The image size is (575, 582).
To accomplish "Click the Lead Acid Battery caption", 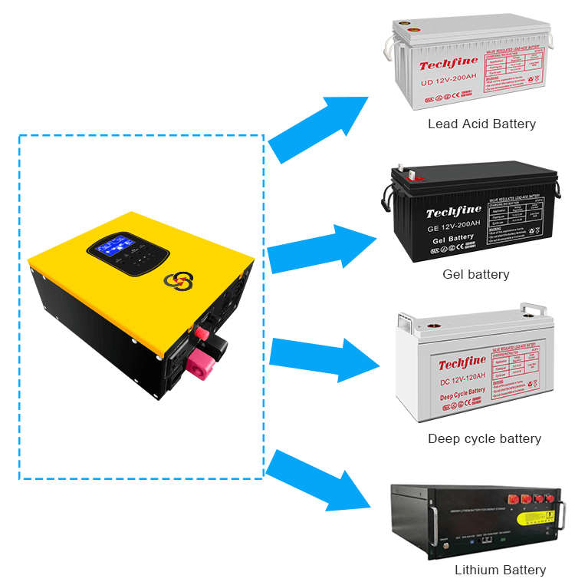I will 481,124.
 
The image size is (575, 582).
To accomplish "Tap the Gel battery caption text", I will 475,274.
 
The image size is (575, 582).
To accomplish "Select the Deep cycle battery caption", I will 484,439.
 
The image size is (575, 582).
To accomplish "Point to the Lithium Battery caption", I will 500,570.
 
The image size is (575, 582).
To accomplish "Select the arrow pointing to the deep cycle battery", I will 322,352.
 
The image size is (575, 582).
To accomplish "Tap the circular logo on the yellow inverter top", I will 177,281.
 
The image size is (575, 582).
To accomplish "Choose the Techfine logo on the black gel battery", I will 454,211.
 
